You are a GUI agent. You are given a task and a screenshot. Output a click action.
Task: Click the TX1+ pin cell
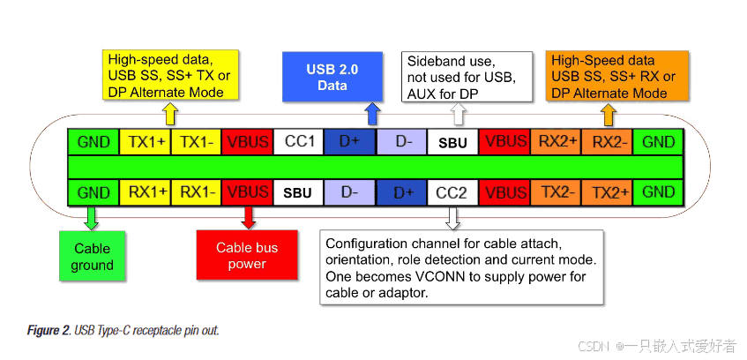click(145, 142)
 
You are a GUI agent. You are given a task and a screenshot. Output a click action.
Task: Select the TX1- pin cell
click(196, 142)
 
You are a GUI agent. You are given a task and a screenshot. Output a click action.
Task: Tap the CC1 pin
click(299, 142)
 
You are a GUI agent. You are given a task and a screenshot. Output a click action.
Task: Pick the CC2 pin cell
click(452, 191)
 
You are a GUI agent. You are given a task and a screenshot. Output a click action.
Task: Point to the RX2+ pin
click(555, 142)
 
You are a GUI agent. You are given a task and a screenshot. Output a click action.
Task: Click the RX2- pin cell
click(607, 142)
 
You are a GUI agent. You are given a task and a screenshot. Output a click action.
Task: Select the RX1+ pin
click(145, 191)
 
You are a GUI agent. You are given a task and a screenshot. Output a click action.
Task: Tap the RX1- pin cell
click(196, 191)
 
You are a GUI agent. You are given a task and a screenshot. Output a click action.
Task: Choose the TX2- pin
click(555, 191)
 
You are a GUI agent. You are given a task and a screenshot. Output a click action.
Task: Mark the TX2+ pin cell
click(607, 191)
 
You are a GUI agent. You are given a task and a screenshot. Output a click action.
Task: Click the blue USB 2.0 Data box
click(332, 76)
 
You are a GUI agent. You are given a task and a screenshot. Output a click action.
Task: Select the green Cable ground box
click(93, 257)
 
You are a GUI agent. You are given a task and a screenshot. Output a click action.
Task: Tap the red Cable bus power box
click(247, 256)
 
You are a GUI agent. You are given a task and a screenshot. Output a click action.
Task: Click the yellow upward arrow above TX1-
click(170, 114)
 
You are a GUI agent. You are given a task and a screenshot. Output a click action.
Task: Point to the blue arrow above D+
click(371, 114)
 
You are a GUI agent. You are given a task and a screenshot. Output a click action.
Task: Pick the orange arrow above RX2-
click(608, 114)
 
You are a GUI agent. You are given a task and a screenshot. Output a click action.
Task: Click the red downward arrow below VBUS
click(248, 216)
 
